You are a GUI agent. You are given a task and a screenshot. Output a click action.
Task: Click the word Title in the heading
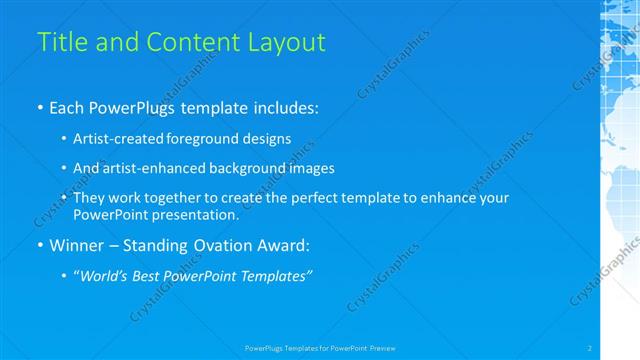point(58,42)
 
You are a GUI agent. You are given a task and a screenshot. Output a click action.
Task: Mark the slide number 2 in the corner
point(590,347)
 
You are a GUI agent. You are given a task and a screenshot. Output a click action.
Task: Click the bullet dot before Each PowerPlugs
point(39,106)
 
